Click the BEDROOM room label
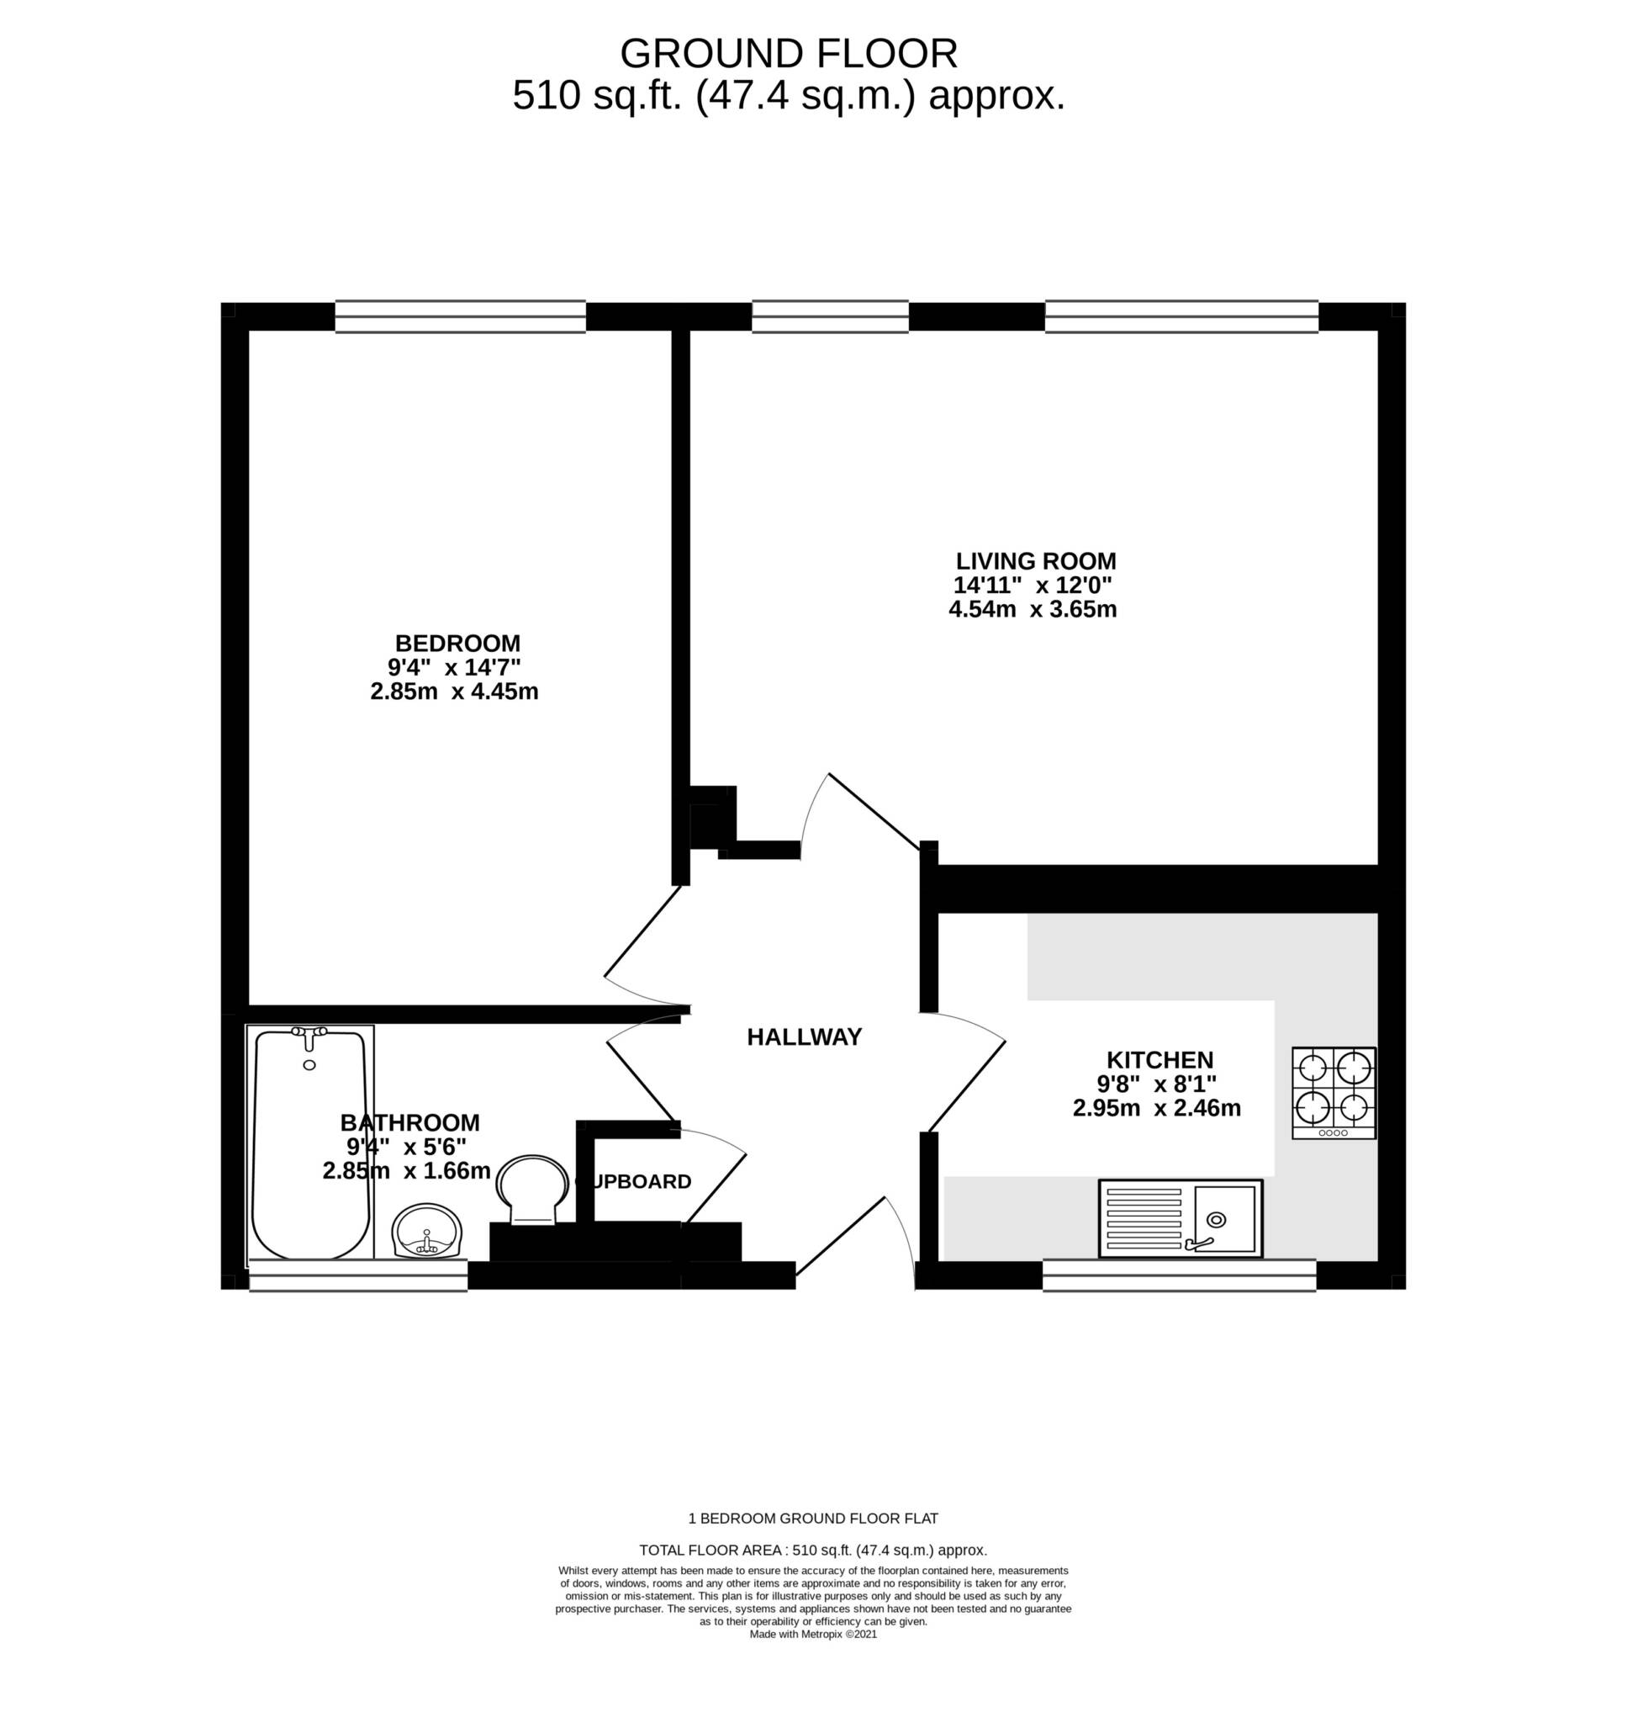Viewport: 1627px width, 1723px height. click(x=458, y=644)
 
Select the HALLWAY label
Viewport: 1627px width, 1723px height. click(x=805, y=1036)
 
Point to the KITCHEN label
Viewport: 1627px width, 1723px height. click(x=1160, y=1059)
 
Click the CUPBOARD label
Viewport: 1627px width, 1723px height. click(x=634, y=1182)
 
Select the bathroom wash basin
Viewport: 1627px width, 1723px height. click(x=428, y=1230)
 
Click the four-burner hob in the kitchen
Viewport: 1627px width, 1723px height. click(x=1334, y=1093)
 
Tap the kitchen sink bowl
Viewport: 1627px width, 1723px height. click(x=1224, y=1219)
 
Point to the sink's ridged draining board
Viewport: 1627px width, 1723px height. click(x=1144, y=1219)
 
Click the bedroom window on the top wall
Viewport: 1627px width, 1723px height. click(x=461, y=316)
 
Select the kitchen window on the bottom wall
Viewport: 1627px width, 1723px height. click(x=1180, y=1275)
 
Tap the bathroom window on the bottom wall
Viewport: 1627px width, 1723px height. click(x=358, y=1275)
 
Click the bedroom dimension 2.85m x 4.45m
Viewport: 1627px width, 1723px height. click(x=454, y=692)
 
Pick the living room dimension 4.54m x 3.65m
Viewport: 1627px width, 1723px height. click(x=1033, y=609)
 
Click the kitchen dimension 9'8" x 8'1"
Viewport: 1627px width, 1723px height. click(x=1157, y=1084)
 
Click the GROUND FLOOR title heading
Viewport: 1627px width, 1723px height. click(x=789, y=54)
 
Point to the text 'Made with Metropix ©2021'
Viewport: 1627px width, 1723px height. click(x=814, y=1634)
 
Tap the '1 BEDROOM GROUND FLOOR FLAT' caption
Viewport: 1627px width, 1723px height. click(x=814, y=1519)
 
